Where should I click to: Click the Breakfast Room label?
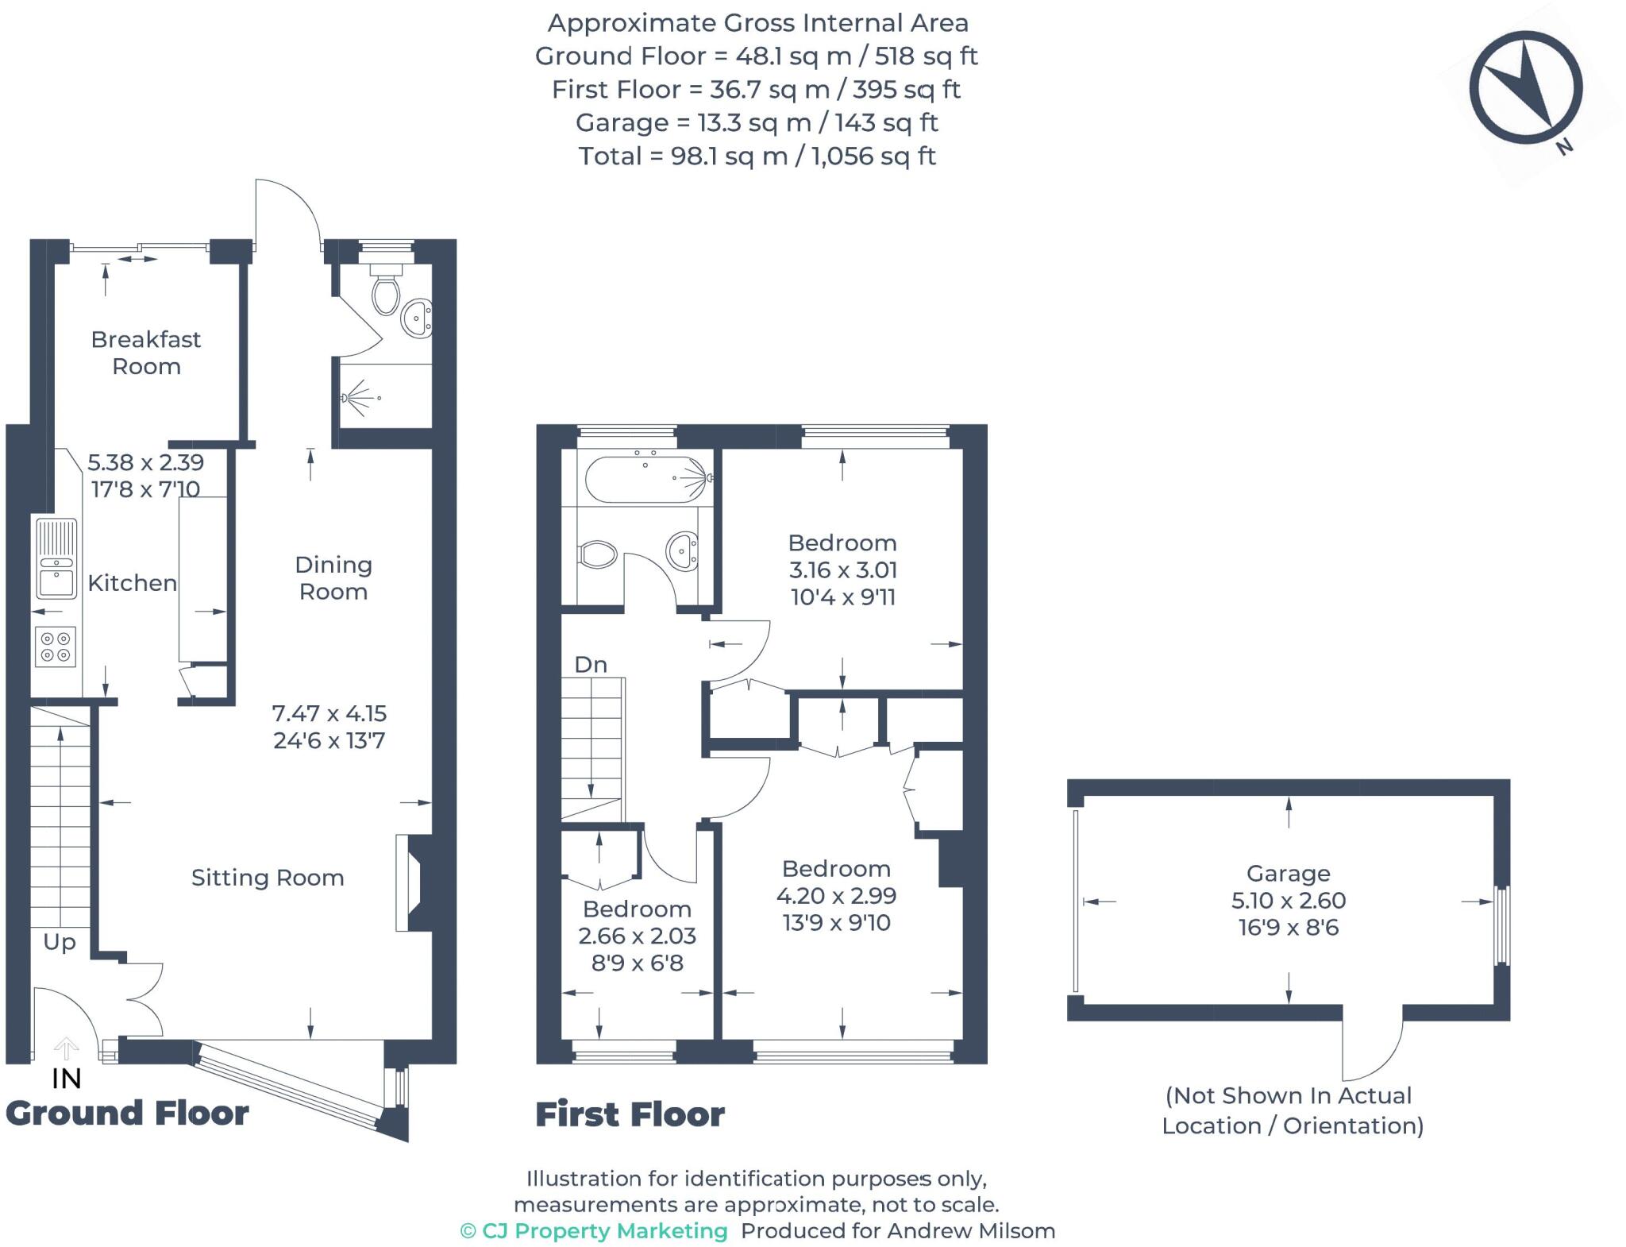tap(146, 353)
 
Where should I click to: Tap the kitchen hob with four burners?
tap(56, 647)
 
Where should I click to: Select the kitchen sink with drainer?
tap(56, 558)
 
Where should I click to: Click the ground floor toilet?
tap(386, 291)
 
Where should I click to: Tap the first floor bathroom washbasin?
tap(683, 550)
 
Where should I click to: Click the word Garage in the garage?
tap(1288, 874)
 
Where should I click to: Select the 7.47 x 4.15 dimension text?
tap(329, 713)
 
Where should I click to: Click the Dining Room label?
tap(333, 578)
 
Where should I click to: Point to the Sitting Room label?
tap(268, 878)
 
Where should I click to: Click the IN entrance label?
tap(67, 1079)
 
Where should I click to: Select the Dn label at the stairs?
tap(591, 665)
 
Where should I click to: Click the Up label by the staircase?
tap(60, 942)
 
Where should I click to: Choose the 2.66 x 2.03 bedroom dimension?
tap(637, 936)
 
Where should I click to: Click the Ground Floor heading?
tap(127, 1114)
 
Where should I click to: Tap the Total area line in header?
tap(757, 156)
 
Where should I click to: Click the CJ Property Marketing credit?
tap(594, 1231)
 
